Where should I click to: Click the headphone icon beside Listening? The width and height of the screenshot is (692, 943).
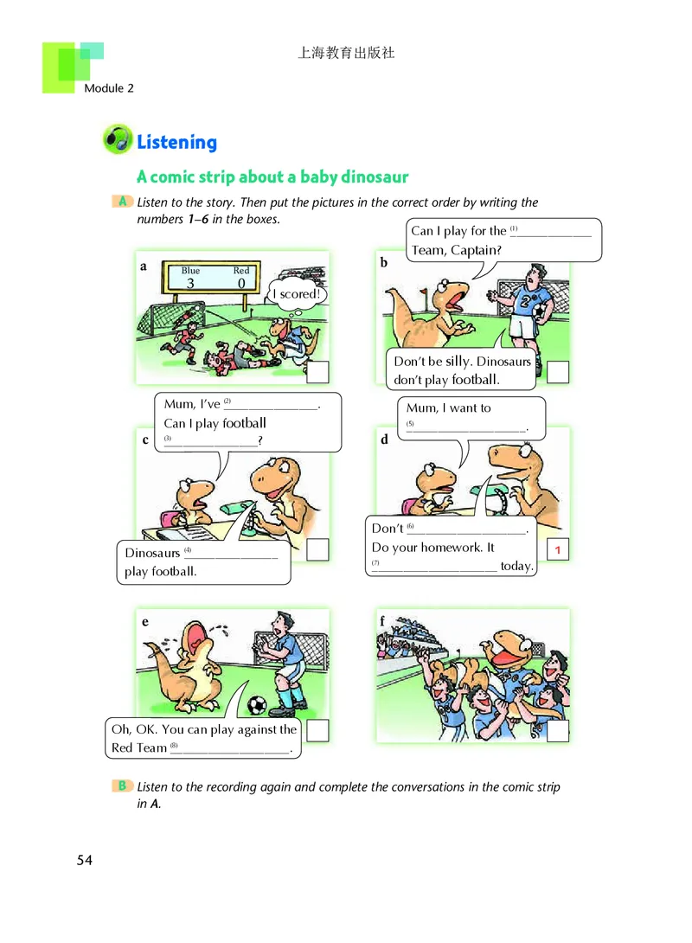pos(118,139)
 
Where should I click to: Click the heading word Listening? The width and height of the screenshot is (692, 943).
pos(176,143)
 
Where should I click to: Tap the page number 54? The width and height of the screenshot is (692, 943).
pos(84,860)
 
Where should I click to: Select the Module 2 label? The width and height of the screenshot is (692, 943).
pos(109,87)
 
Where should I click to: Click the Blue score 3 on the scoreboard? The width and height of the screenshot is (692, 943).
pos(190,283)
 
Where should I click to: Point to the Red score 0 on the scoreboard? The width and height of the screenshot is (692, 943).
pos(241,283)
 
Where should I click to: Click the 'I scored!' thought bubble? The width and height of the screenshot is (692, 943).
pos(297,294)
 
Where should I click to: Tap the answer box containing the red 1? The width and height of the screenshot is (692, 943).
pos(557,549)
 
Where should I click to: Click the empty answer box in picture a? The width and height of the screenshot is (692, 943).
pos(317,372)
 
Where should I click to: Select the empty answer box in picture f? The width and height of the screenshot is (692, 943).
pos(557,731)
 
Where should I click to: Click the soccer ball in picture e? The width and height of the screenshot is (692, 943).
pos(257,704)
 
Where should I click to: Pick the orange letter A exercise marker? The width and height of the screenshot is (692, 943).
pos(122,202)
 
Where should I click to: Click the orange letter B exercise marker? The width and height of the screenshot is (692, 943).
pos(122,786)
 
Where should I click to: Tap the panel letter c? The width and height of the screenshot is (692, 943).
pos(145,440)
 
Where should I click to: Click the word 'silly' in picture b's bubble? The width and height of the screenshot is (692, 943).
pos(458,361)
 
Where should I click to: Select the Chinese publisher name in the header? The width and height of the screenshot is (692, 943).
pos(346,53)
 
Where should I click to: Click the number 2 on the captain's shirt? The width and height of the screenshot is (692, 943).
pos(525,300)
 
